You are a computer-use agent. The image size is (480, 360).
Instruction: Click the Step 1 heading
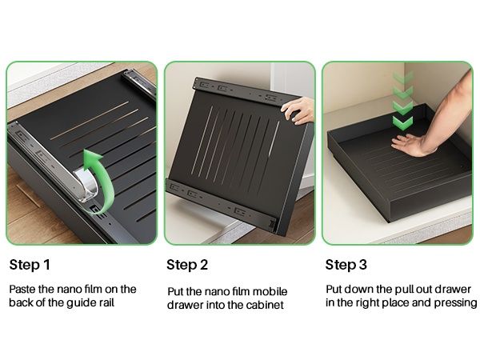pos(30,265)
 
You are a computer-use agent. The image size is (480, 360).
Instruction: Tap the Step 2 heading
pos(187,265)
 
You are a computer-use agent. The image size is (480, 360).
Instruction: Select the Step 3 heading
pos(346,265)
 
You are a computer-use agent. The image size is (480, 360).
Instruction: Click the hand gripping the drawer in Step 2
pos(298,111)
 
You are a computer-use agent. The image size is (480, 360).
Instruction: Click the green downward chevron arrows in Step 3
pos(402,101)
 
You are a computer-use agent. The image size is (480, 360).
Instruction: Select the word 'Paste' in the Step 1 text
pos(22,290)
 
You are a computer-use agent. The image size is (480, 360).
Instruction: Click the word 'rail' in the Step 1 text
pos(106,302)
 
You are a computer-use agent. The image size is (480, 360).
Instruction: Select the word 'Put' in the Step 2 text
pos(175,291)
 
